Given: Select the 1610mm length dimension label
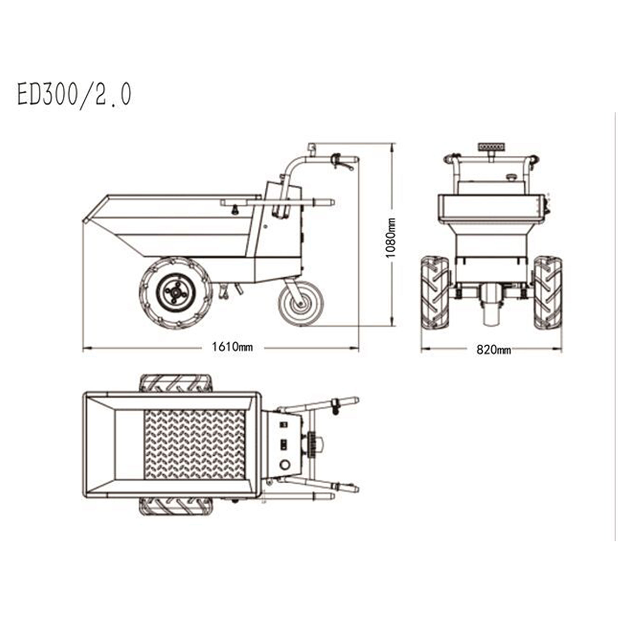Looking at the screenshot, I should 232,347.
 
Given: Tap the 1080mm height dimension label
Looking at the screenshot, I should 392,237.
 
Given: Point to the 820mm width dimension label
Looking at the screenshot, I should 493,350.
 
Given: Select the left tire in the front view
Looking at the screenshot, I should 435,293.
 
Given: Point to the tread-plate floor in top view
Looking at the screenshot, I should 194,445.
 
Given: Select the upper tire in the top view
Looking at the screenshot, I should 175,383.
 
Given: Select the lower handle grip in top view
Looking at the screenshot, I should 347,488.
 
